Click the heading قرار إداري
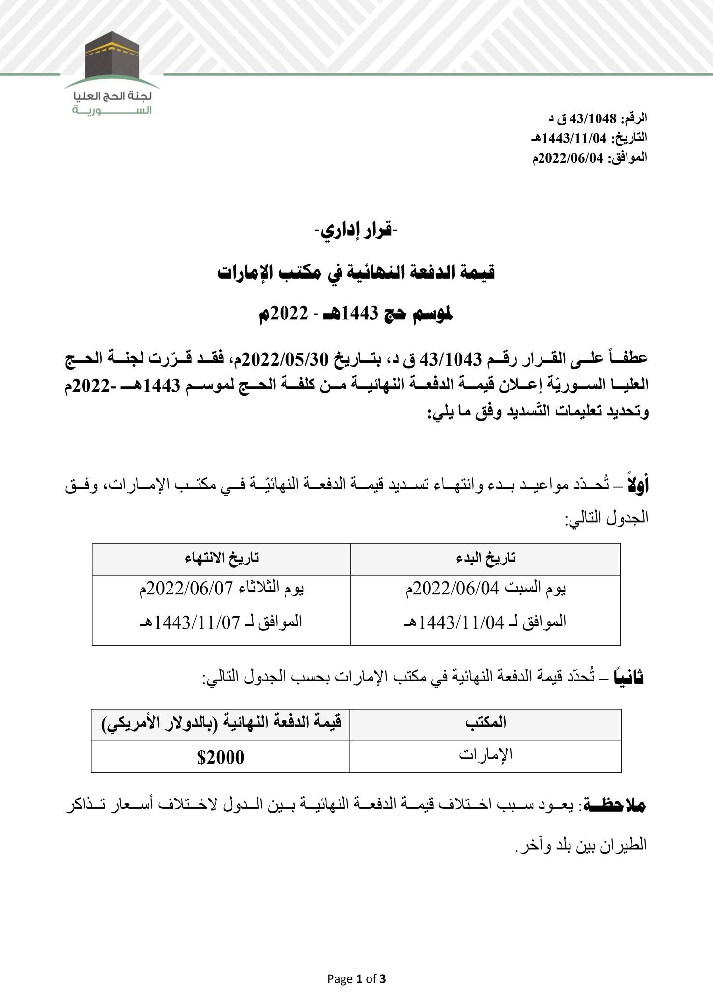357,230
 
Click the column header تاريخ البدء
485,558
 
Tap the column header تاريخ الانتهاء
222,558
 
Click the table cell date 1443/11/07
198,622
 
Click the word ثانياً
630,678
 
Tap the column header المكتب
485,722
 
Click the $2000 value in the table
220,757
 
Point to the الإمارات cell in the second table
485,754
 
